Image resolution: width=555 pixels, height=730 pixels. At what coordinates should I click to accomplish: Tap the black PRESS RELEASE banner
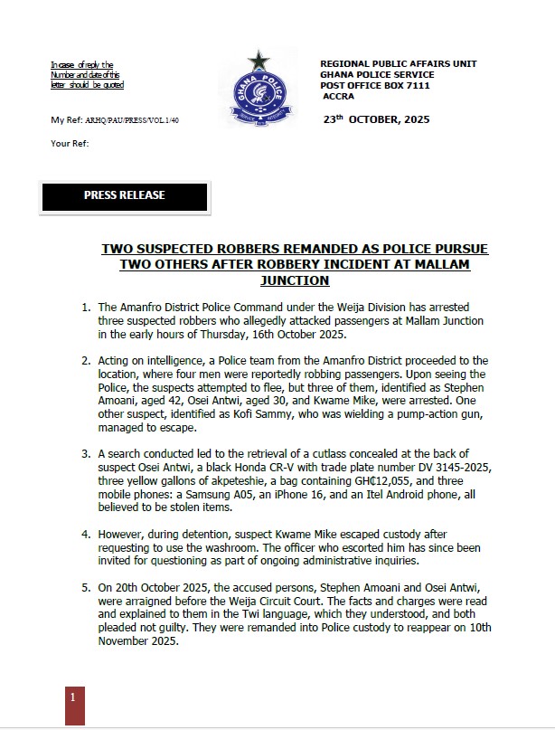pyautogui.click(x=125, y=196)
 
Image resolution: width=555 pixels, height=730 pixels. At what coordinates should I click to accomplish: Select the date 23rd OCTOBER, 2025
pyautogui.click(x=377, y=119)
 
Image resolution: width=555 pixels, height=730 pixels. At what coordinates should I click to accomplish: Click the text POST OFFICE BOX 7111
pyautogui.click(x=377, y=85)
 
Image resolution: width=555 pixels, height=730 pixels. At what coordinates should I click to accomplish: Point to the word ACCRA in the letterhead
pyautogui.click(x=338, y=95)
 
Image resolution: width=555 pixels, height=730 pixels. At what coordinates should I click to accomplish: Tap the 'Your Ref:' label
pyautogui.click(x=67, y=143)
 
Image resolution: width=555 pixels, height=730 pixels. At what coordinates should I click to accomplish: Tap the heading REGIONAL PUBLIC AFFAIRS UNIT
pyautogui.click(x=399, y=64)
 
